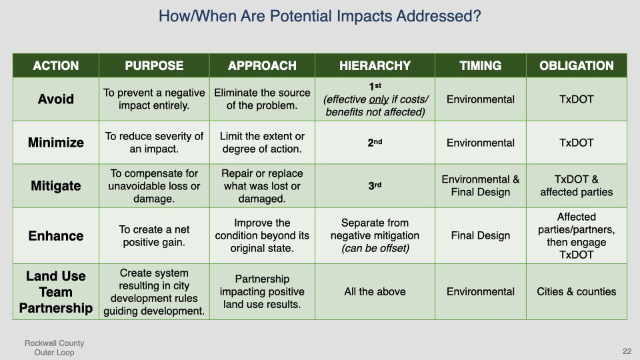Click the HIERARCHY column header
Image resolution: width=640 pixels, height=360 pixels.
375,66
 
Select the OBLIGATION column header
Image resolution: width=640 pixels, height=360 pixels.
576,66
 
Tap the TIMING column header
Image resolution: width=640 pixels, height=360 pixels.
481,66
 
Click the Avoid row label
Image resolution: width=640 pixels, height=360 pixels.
56,99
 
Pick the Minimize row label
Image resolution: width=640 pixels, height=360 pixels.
56,143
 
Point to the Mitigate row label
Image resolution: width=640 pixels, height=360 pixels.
56,186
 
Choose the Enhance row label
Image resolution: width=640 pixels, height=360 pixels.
56,235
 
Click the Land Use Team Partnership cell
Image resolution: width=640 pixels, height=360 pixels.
56,292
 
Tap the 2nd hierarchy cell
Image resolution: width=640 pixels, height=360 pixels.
375,143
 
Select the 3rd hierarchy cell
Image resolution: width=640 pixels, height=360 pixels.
375,186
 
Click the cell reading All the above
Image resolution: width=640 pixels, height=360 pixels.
375,291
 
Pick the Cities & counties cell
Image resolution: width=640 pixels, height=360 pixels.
576,291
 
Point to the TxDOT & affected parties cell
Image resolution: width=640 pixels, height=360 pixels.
576,186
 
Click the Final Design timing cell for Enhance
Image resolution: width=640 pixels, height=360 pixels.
481,235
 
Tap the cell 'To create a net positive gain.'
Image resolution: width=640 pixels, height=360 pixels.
154,235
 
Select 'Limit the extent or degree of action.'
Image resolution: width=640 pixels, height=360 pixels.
262,143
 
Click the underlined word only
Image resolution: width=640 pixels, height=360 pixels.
379,99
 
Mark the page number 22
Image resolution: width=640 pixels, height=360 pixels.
627,351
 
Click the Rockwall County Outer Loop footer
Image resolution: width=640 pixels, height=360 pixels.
54,348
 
